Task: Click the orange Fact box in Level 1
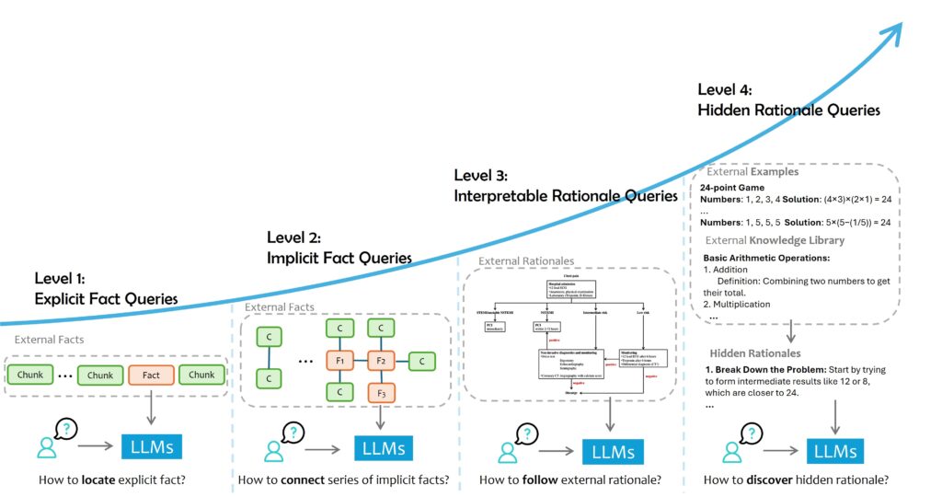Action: click(151, 375)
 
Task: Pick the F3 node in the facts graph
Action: click(382, 393)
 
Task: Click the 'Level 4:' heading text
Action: click(725, 89)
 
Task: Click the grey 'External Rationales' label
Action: click(526, 261)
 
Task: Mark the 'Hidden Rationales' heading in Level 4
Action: click(754, 353)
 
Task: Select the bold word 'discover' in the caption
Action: click(775, 480)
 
